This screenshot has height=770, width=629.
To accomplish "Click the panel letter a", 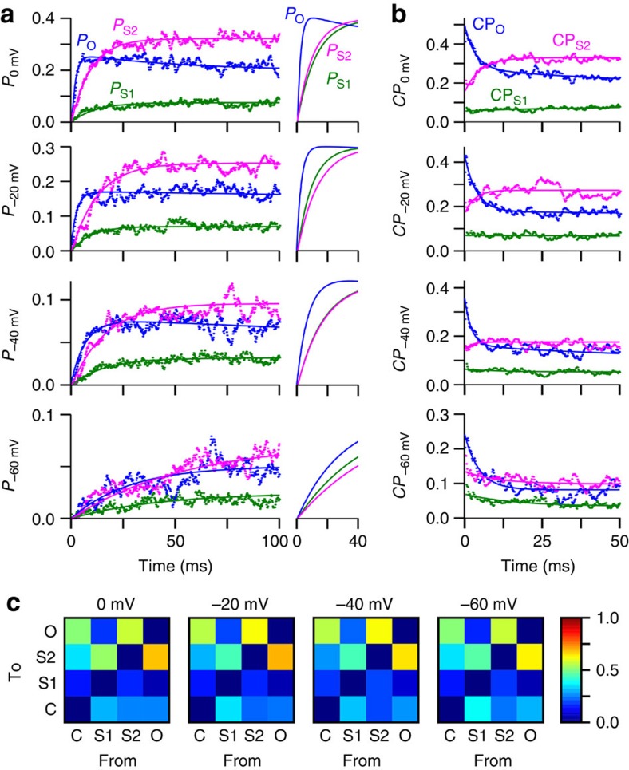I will click(10, 10).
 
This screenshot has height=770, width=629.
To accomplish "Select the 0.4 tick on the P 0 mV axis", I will click(52, 18).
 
